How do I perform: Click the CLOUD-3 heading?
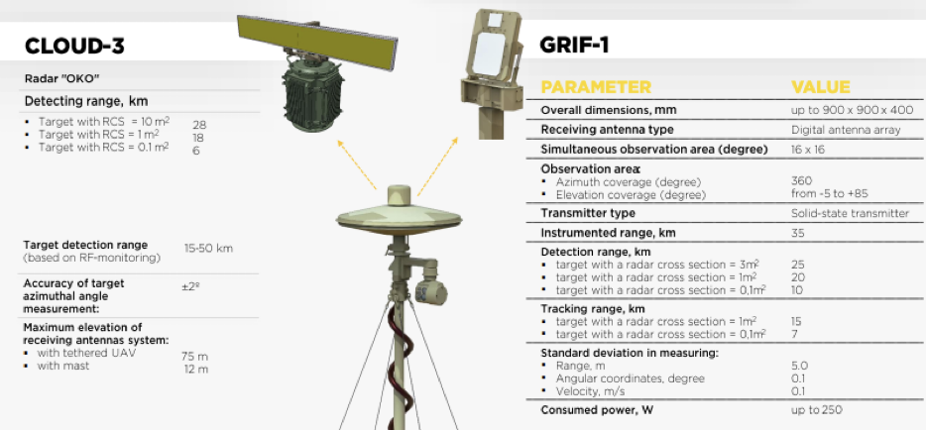pyautogui.click(x=74, y=46)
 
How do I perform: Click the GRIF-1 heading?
pyautogui.click(x=574, y=45)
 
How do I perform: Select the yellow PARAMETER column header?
pyautogui.click(x=596, y=87)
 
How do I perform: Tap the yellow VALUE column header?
pyautogui.click(x=820, y=87)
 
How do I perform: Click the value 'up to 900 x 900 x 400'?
pyautogui.click(x=852, y=110)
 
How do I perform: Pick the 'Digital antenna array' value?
pyautogui.click(x=846, y=130)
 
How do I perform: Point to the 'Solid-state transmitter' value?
pyautogui.click(x=850, y=214)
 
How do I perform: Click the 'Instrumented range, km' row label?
pyautogui.click(x=609, y=233)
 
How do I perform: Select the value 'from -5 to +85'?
pyautogui.click(x=829, y=193)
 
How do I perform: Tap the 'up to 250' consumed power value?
pyautogui.click(x=817, y=410)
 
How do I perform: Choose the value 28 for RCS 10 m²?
pyautogui.click(x=199, y=125)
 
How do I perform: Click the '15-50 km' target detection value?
pyautogui.click(x=208, y=249)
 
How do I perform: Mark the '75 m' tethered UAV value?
pyautogui.click(x=195, y=357)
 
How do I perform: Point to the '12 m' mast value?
pyautogui.click(x=196, y=370)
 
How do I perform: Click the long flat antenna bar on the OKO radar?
pyautogui.click(x=317, y=42)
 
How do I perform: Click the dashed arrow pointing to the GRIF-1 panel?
pyautogui.click(x=437, y=166)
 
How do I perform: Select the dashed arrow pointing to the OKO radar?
pyautogui.click(x=357, y=164)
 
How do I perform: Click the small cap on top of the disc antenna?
pyautogui.click(x=400, y=194)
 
